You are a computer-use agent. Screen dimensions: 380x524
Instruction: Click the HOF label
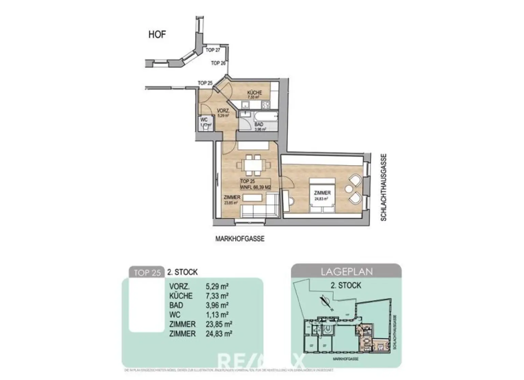click(x=157, y=34)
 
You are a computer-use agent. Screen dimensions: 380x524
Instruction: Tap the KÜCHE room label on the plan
click(x=254, y=93)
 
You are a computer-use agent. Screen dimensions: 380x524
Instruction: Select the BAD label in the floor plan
click(x=259, y=125)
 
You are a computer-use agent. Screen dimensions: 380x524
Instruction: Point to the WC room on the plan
click(x=204, y=122)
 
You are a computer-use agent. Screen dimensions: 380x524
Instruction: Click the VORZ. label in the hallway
click(x=223, y=111)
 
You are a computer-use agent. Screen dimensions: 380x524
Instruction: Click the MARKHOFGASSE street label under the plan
click(x=240, y=239)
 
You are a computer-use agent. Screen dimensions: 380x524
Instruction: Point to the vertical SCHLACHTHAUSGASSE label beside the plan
click(x=383, y=187)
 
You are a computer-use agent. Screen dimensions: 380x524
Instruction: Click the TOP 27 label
click(x=213, y=50)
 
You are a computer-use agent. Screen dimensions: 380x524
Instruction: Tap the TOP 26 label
click(x=218, y=63)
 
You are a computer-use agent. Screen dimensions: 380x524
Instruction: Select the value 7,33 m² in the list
click(x=217, y=296)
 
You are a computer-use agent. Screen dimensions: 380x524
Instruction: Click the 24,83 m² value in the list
click(x=219, y=334)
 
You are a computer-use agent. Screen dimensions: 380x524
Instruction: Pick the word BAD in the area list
click(x=176, y=305)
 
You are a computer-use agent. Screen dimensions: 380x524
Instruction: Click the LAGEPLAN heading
click(x=346, y=272)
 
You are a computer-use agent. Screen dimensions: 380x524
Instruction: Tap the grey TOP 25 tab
click(x=147, y=273)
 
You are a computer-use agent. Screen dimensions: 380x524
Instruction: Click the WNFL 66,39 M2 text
click(x=255, y=187)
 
